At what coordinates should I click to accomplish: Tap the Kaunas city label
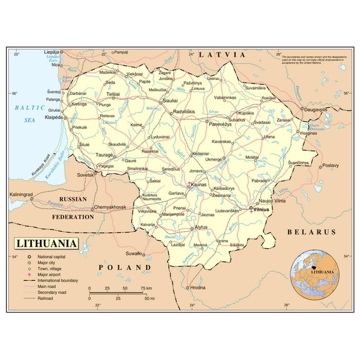(199, 185)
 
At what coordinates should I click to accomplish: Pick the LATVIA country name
(222, 55)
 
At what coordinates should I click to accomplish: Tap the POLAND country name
(125, 267)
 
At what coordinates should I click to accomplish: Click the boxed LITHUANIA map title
(47, 243)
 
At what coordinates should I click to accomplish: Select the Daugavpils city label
(316, 109)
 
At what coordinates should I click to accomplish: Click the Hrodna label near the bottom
(197, 287)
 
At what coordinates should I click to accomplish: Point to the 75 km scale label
(146, 288)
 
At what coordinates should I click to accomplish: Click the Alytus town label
(200, 227)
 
